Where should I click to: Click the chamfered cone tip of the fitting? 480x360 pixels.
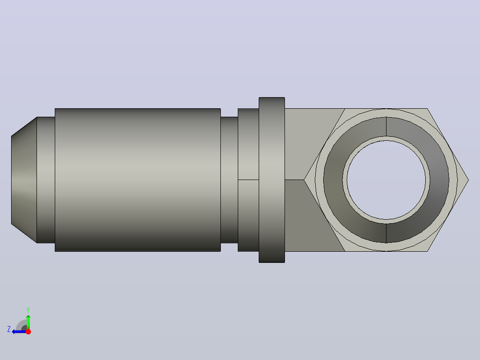[24, 180]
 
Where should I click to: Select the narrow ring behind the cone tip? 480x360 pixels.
[46, 180]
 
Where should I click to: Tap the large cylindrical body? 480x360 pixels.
[138, 180]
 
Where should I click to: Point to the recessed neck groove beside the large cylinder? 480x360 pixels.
[229, 180]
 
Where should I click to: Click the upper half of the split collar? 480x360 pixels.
[248, 144]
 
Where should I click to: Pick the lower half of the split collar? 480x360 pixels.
[248, 216]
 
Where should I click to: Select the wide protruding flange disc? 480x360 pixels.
[272, 180]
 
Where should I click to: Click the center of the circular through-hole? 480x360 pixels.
[386, 180]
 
